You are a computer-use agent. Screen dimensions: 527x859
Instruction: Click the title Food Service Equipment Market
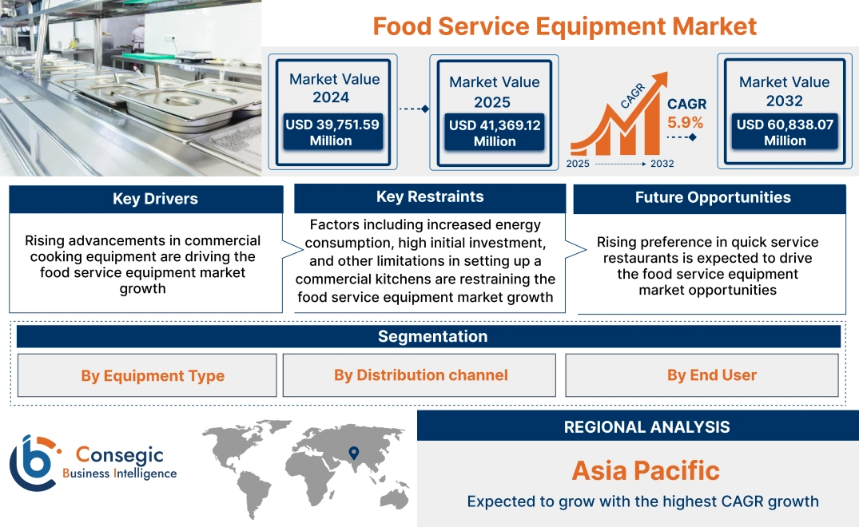[564, 26]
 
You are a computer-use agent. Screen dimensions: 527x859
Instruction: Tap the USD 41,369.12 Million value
[494, 133]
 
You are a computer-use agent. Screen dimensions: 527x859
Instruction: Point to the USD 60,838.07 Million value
[785, 133]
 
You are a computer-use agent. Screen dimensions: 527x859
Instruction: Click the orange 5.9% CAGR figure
[686, 122]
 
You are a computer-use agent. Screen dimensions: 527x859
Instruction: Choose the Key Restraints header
[430, 197]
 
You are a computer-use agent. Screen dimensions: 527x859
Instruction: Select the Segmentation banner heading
[432, 336]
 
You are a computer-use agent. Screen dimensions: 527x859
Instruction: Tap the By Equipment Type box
[152, 376]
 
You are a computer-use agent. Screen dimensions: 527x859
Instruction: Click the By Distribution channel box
[420, 375]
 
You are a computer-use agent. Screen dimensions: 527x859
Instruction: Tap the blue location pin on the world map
[353, 454]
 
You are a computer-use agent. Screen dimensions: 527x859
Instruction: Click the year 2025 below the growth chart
[579, 164]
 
